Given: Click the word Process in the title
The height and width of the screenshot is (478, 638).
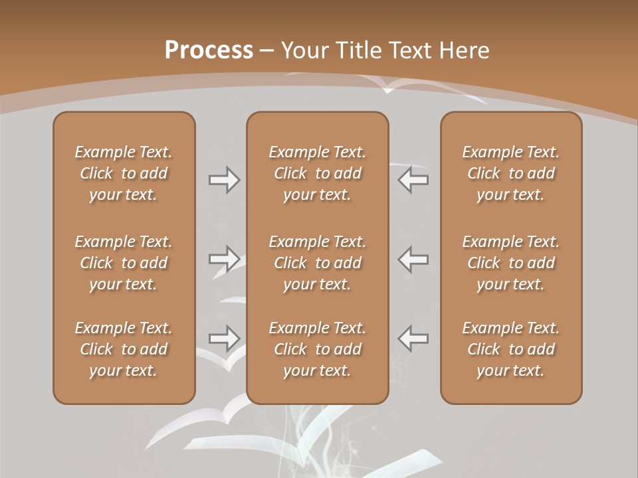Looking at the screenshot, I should coord(209,50).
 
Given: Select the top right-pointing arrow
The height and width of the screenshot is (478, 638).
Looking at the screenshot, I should coord(225,180).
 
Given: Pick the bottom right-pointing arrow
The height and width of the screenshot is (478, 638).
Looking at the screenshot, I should coord(225,339).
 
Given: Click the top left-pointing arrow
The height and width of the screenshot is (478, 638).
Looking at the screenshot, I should coord(413,180).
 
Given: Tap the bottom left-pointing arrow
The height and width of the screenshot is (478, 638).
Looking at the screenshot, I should coord(413,339).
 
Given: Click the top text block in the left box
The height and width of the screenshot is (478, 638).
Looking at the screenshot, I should coord(124,173).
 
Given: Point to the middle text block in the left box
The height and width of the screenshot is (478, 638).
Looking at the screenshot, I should coord(124,263).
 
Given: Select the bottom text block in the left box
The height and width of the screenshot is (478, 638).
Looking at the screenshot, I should coord(124,349).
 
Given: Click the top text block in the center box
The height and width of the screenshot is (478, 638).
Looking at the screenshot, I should coord(317,173).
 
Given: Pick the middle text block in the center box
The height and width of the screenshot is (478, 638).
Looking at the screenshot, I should coord(317,263).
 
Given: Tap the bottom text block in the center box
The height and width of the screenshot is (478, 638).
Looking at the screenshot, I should coord(317,349).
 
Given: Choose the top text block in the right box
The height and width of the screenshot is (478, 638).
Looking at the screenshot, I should coord(511,173).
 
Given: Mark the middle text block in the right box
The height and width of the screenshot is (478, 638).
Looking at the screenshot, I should coord(511,263).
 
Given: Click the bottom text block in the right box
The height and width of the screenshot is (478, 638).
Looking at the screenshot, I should coord(511,349).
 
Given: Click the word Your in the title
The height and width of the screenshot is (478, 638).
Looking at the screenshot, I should coord(304,50).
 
